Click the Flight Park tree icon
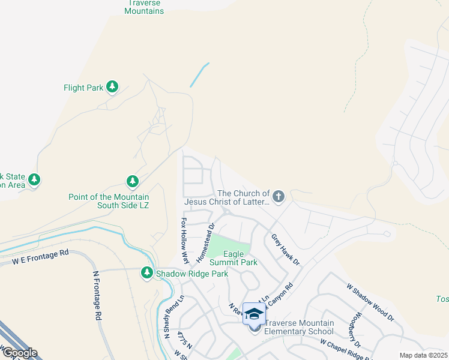pyautogui.click(x=112, y=87)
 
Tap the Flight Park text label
pyautogui.click(x=83, y=88)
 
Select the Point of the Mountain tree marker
pyautogui.click(x=133, y=181)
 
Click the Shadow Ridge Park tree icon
pyautogui.click(x=146, y=273)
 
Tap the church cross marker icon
pyautogui.click(x=278, y=196)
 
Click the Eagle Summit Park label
pyautogui.click(x=233, y=258)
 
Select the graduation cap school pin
pyautogui.click(x=254, y=314)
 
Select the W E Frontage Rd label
pyautogui.click(x=40, y=258)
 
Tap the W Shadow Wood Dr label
pyautogui.click(x=370, y=302)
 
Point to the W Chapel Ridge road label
pyautogui.click(x=348, y=350)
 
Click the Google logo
pyautogui.click(x=19, y=353)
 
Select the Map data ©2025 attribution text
pyautogui.click(x=424, y=355)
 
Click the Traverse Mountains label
pyautogui.click(x=144, y=7)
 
